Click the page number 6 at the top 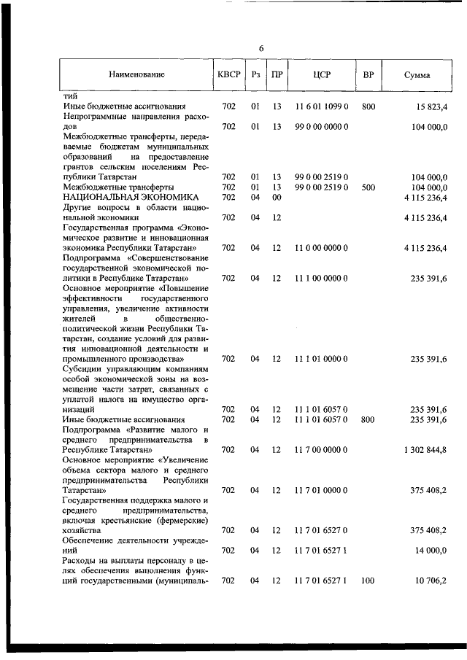[260, 48]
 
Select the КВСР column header [228, 74]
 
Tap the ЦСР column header [322, 74]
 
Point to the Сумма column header [417, 75]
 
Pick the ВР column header [368, 74]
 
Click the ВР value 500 [368, 187]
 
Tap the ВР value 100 [368, 581]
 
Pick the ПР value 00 [277, 197]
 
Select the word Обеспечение [90, 540]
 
